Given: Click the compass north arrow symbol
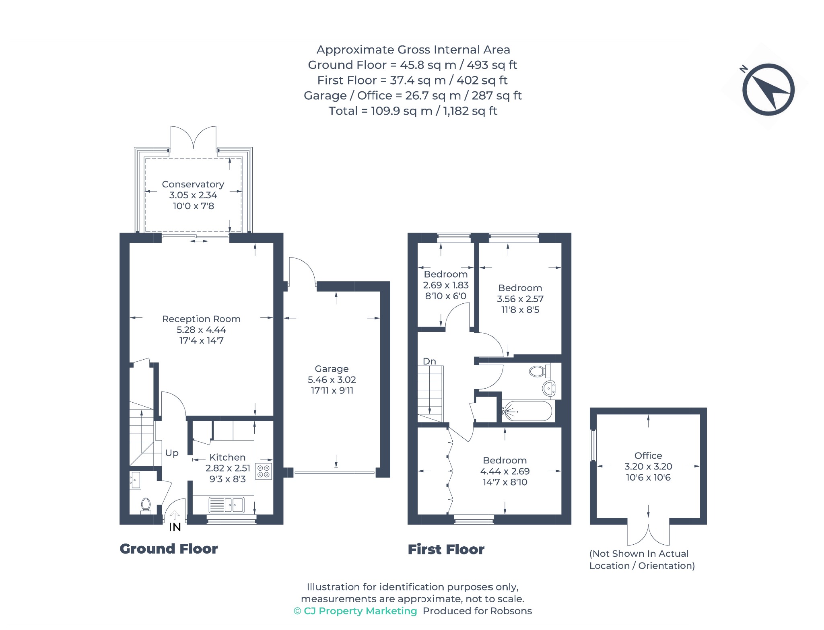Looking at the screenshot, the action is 768,90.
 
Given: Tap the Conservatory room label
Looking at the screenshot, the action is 193,184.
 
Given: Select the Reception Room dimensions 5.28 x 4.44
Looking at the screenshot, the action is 201,330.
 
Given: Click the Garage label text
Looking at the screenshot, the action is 332,369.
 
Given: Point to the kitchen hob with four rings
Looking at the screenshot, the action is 264,471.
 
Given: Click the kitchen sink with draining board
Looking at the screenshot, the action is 227,505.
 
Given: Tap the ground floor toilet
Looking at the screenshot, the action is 146,506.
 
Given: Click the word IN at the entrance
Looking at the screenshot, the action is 175,527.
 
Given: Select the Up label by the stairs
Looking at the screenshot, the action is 172,453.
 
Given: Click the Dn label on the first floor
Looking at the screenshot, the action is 429,361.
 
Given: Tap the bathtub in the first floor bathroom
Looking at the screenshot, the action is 527,411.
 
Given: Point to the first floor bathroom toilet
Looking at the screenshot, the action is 540,371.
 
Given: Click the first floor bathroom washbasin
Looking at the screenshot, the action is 549,389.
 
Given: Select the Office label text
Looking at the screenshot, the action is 648,456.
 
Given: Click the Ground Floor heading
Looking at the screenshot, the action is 169,549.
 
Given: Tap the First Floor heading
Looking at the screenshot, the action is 446,550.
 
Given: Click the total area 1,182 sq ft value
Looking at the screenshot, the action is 470,111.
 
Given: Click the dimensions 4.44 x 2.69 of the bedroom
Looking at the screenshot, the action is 505,471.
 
